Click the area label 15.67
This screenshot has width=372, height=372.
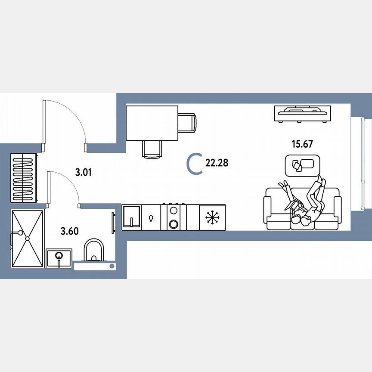coord(302,144)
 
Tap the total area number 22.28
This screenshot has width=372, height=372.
coord(217,163)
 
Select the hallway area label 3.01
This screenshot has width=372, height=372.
coord(83,173)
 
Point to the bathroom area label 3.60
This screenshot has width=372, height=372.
coord(69,231)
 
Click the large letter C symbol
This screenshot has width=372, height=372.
coord(195,164)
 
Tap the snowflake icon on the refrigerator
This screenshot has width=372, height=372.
coord(212,217)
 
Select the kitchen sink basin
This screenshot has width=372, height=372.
coord(132,217)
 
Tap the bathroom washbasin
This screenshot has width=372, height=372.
coord(59,258)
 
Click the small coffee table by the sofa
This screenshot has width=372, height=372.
coord(303,164)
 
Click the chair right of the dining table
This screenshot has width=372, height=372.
coord(187,123)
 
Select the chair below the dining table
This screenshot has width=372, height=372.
coord(152,149)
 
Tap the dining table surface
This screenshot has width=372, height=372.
coord(152,123)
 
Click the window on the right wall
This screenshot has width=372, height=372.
coord(358,164)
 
